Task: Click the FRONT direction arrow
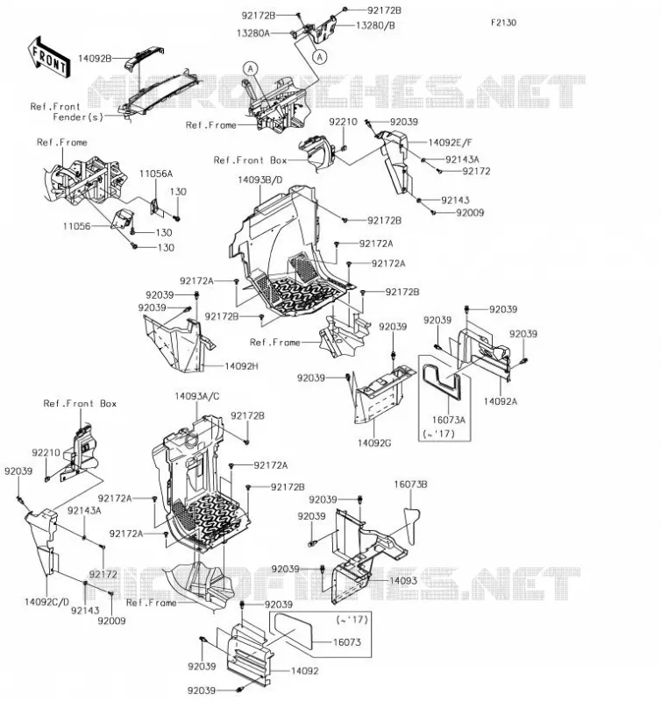coord(49,57)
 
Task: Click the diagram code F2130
coord(503,23)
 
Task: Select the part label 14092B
coord(95,58)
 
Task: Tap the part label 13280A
coord(253,33)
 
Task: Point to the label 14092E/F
coord(451,143)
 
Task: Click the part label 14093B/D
coord(260,180)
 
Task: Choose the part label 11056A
coord(156,173)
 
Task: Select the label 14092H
coord(241,366)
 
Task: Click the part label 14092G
coord(374,443)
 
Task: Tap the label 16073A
coord(449,420)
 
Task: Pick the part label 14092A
coord(501,401)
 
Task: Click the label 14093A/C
coord(197,397)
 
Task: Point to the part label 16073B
coord(410,485)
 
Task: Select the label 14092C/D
coord(47,602)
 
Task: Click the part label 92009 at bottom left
coord(112,621)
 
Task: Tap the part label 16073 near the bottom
coord(347,642)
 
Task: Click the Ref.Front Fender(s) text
coord(67,112)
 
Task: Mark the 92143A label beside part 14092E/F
coord(462,159)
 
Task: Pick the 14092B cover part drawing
coord(143,57)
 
